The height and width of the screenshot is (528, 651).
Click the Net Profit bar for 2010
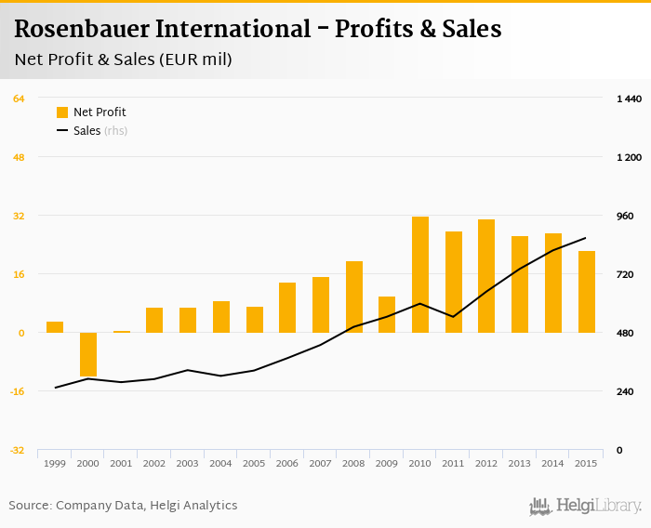tap(420, 274)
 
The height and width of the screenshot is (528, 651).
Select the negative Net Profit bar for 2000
tap(88, 354)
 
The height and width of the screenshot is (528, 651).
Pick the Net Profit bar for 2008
tap(354, 297)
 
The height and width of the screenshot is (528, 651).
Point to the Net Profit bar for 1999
tap(55, 327)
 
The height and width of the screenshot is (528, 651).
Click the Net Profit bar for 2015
tap(586, 292)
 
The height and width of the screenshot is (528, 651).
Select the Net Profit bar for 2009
tap(387, 314)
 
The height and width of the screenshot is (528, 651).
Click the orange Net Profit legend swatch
tap(62, 112)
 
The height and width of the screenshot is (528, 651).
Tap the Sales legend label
tap(86, 131)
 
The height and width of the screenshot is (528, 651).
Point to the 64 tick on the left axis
tap(19, 99)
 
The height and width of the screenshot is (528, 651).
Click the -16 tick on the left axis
tap(18, 391)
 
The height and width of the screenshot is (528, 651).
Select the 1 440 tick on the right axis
tap(629, 99)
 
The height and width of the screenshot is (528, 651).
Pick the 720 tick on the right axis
tap(629, 274)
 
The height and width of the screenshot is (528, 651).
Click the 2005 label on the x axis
tap(254, 463)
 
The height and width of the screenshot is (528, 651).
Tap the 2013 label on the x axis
tap(519, 463)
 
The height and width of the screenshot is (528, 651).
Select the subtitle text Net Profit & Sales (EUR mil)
tap(124, 59)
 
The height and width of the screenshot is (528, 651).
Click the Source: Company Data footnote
tap(123, 506)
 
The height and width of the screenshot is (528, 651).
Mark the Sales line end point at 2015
tap(586, 238)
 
